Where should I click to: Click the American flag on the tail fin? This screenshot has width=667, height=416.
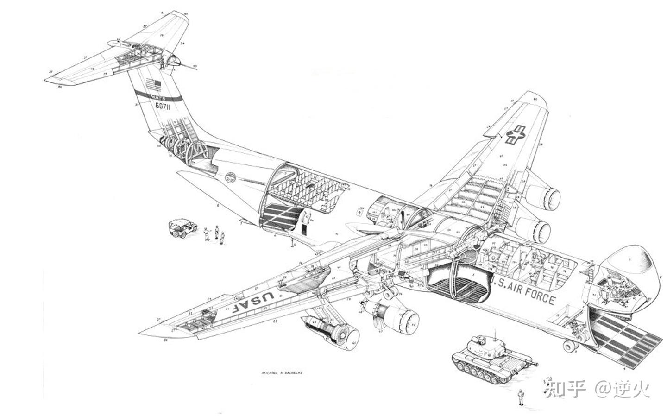(153, 86)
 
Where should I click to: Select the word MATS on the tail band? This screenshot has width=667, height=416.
(157, 96)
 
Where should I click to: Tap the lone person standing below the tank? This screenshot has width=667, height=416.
(521, 397)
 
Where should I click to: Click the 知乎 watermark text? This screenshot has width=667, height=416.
(563, 389)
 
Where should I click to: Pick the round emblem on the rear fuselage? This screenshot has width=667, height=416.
(231, 177)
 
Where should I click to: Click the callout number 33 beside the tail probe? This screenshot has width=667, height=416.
(195, 66)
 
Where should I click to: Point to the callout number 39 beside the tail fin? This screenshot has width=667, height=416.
(137, 105)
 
